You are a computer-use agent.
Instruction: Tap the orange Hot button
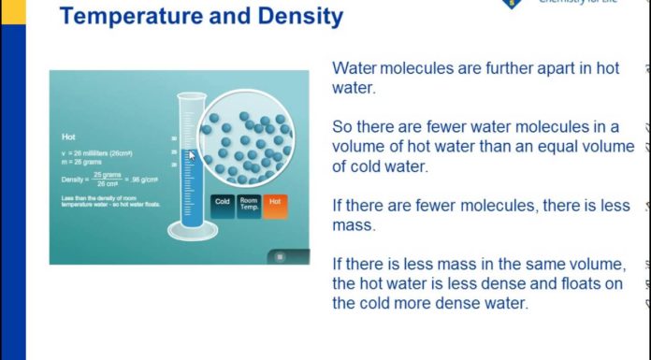[274, 201]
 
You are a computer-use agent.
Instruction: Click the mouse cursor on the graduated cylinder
[192, 156]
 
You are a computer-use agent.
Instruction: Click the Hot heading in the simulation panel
[67, 137]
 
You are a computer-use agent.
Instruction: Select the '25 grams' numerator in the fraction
[105, 173]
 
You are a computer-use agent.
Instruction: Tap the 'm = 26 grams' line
[82, 160]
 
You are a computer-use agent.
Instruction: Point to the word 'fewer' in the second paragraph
[444, 126]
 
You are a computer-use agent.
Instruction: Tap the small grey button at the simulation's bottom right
[278, 255]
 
